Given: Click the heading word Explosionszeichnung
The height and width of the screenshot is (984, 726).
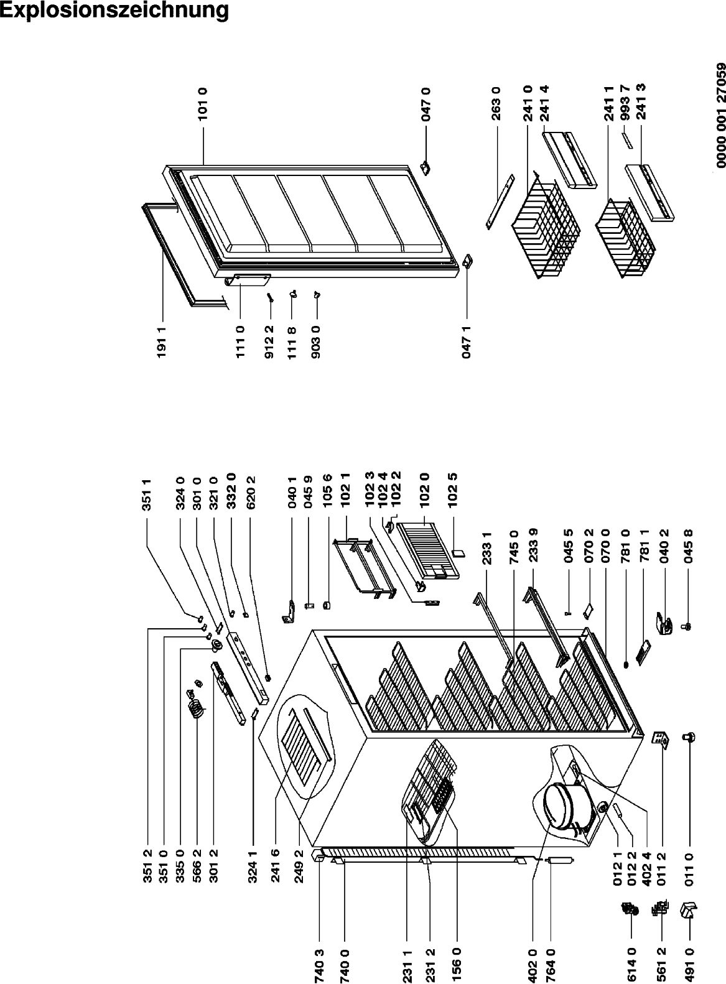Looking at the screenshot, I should click(x=114, y=11).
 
